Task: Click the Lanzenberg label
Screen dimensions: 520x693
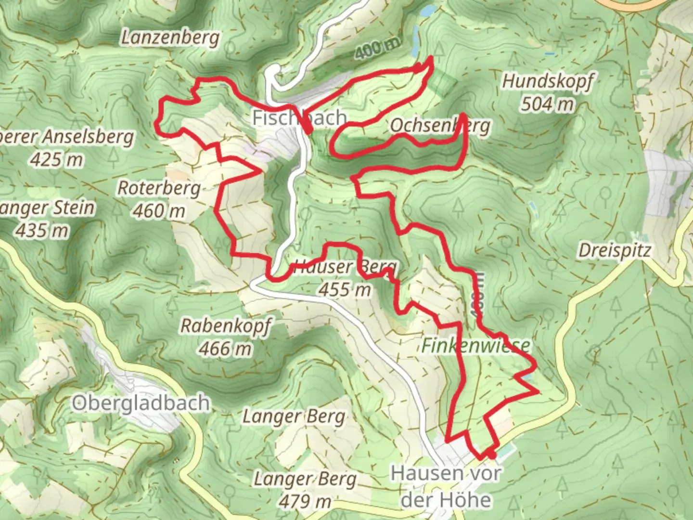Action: [170, 38]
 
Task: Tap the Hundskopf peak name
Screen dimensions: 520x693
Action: [548, 81]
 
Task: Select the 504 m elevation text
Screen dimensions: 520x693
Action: [548, 104]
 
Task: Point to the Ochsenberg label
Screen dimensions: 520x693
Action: [440, 126]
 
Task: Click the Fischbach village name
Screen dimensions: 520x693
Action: [299, 118]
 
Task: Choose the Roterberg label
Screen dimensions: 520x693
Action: [159, 188]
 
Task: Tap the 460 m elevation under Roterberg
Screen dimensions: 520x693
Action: [159, 210]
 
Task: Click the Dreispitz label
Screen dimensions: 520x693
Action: [615, 250]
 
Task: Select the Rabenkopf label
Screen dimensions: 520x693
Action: [225, 326]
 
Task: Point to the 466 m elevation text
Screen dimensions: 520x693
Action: [225, 348]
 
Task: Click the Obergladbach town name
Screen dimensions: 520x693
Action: [141, 403]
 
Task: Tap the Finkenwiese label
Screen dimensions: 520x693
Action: [476, 345]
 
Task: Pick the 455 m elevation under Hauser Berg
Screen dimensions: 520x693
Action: [345, 289]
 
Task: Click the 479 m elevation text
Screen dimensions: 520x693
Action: [305, 502]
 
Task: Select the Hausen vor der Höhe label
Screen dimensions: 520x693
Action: [446, 486]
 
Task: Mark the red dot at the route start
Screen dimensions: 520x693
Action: [490, 454]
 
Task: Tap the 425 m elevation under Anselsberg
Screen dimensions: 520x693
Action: [56, 159]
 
